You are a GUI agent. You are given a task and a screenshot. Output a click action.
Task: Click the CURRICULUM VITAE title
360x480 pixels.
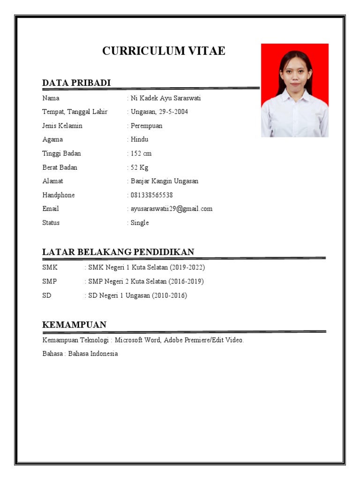tap(164, 51)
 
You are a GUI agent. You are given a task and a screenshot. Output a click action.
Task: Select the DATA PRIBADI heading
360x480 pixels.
tap(76, 83)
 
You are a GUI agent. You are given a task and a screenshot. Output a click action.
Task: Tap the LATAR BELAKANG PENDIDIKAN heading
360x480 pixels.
tap(118, 252)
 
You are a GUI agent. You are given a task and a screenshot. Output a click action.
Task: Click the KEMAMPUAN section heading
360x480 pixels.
tap(74, 325)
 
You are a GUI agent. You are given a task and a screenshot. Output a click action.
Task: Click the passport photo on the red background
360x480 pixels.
tap(294, 90)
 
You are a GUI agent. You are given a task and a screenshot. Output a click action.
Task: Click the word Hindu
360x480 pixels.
tap(140, 139)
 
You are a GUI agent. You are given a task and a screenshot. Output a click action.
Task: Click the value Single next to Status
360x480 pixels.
tap(140, 223)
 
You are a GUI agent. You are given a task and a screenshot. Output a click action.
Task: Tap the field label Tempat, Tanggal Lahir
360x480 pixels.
tap(75, 112)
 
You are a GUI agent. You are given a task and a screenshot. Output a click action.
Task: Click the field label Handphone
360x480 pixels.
tap(59, 195)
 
